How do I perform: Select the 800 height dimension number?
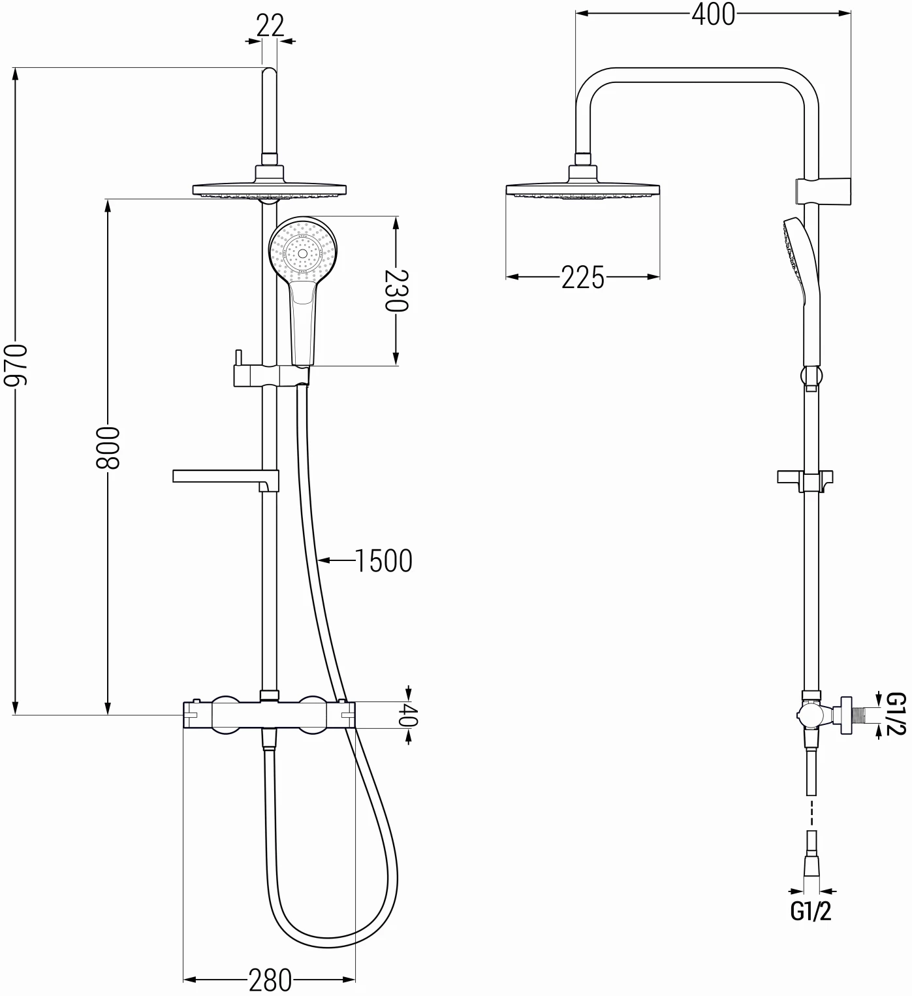click(x=107, y=448)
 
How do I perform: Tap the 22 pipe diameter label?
click(x=270, y=25)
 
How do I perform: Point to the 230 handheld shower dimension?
click(x=396, y=291)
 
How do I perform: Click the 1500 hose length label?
click(x=383, y=560)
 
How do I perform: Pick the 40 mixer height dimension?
click(x=408, y=715)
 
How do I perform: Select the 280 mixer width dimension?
click(x=270, y=980)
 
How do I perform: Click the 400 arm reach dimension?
click(x=713, y=14)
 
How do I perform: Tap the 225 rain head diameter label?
click(x=582, y=278)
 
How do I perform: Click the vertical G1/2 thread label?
click(x=896, y=714)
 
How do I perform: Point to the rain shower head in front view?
click(x=269, y=189)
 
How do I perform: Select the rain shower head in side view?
click(x=582, y=189)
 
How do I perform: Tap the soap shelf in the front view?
click(x=225, y=477)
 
